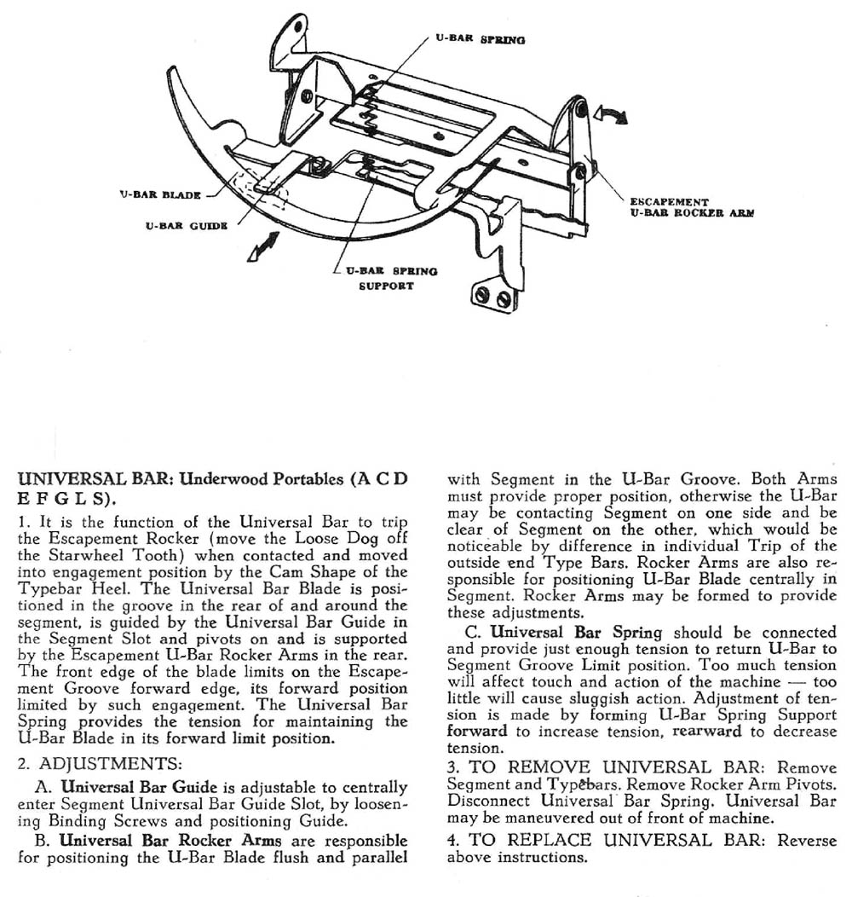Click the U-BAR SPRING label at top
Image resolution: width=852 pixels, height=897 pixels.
(x=481, y=39)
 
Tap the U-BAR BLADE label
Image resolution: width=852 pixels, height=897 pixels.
(x=160, y=194)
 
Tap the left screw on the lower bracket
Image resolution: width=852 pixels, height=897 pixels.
(x=484, y=295)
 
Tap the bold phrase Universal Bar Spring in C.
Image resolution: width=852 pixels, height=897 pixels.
(x=576, y=633)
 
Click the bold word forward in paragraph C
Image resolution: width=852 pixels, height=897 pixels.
(x=476, y=732)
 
